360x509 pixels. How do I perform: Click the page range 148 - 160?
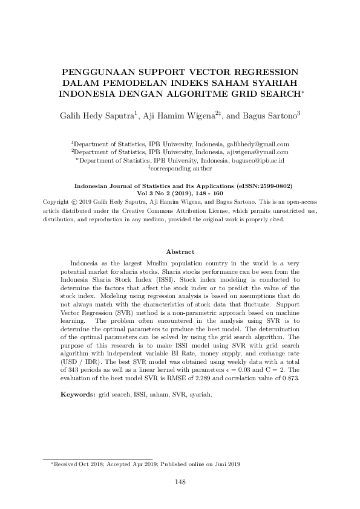(206, 195)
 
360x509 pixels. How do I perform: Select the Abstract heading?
(180, 251)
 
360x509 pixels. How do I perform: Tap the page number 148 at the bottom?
(180, 482)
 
